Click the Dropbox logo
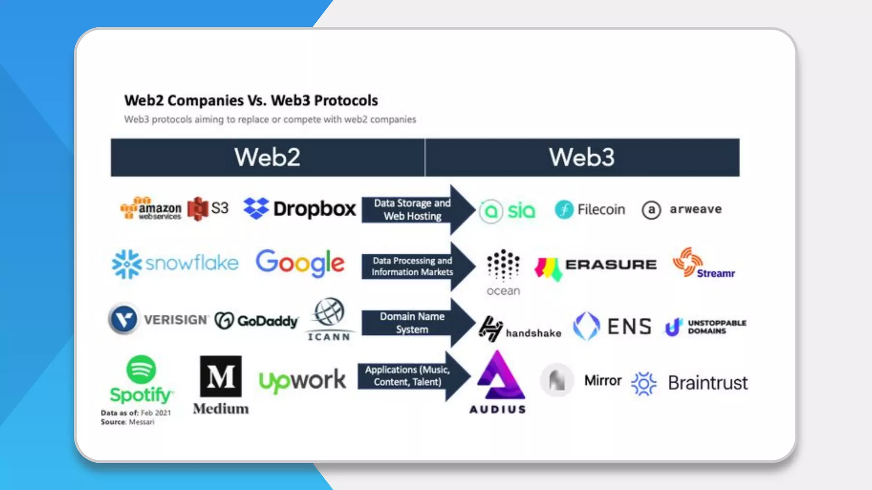click(299, 208)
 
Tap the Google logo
click(300, 263)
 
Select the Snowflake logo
click(175, 263)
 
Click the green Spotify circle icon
click(141, 369)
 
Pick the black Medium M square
click(221, 376)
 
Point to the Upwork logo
click(302, 380)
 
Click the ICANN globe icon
click(329, 311)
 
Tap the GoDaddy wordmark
click(267, 321)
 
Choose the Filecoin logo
click(590, 209)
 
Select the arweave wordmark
click(696, 209)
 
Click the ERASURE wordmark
click(611, 264)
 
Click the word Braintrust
click(708, 383)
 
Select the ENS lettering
click(629, 327)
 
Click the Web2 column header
click(267, 157)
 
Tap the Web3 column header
click(582, 157)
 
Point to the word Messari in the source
click(141, 422)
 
